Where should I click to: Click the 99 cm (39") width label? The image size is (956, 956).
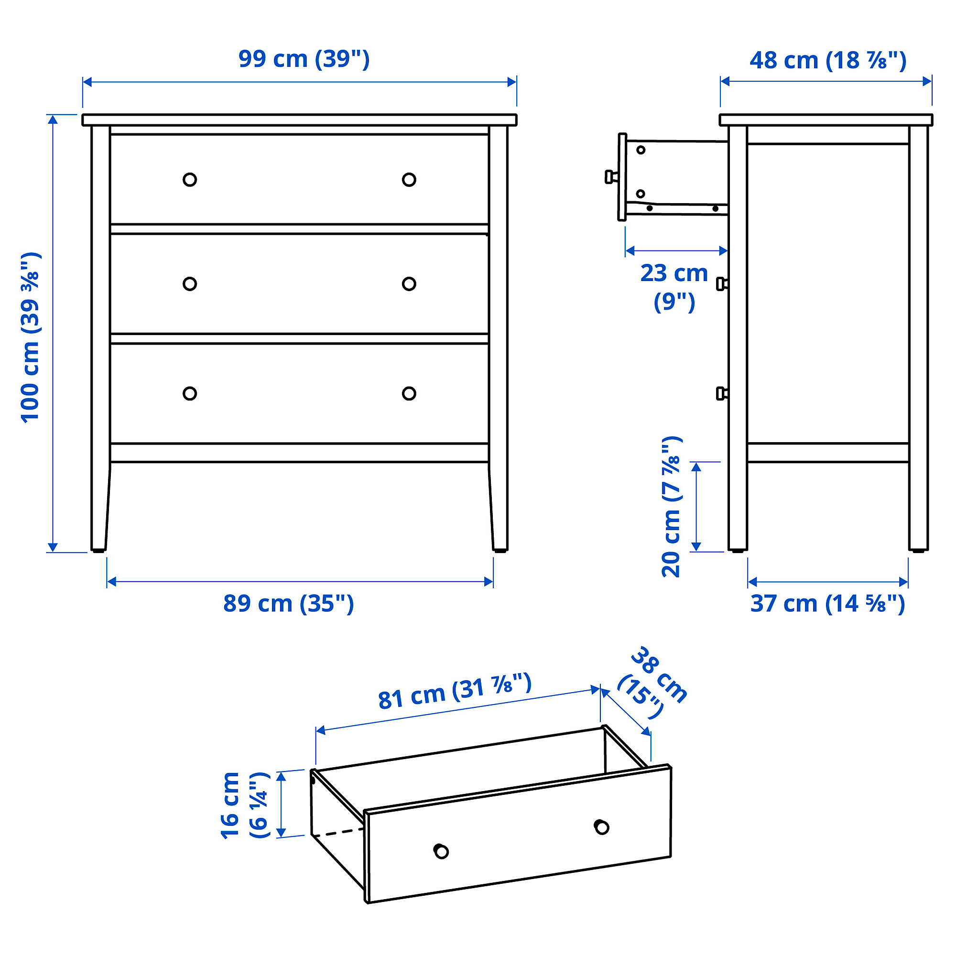(304, 59)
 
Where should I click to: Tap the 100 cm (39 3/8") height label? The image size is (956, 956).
(31, 337)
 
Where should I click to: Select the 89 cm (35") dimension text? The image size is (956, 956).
(289, 604)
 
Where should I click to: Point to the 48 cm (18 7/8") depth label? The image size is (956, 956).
(828, 61)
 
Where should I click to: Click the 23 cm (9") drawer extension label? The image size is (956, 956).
(674, 287)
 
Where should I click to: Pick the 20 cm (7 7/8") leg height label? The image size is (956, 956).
(672, 507)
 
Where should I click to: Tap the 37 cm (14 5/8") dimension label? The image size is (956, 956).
(827, 604)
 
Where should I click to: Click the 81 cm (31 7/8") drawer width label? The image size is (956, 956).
(455, 691)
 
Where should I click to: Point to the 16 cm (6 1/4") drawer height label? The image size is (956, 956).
(245, 805)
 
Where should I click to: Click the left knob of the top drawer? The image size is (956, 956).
(189, 180)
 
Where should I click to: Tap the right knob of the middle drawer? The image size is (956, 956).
(409, 283)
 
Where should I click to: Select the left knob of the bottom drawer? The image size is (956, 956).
(189, 393)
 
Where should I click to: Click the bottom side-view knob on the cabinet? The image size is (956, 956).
(722, 393)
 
